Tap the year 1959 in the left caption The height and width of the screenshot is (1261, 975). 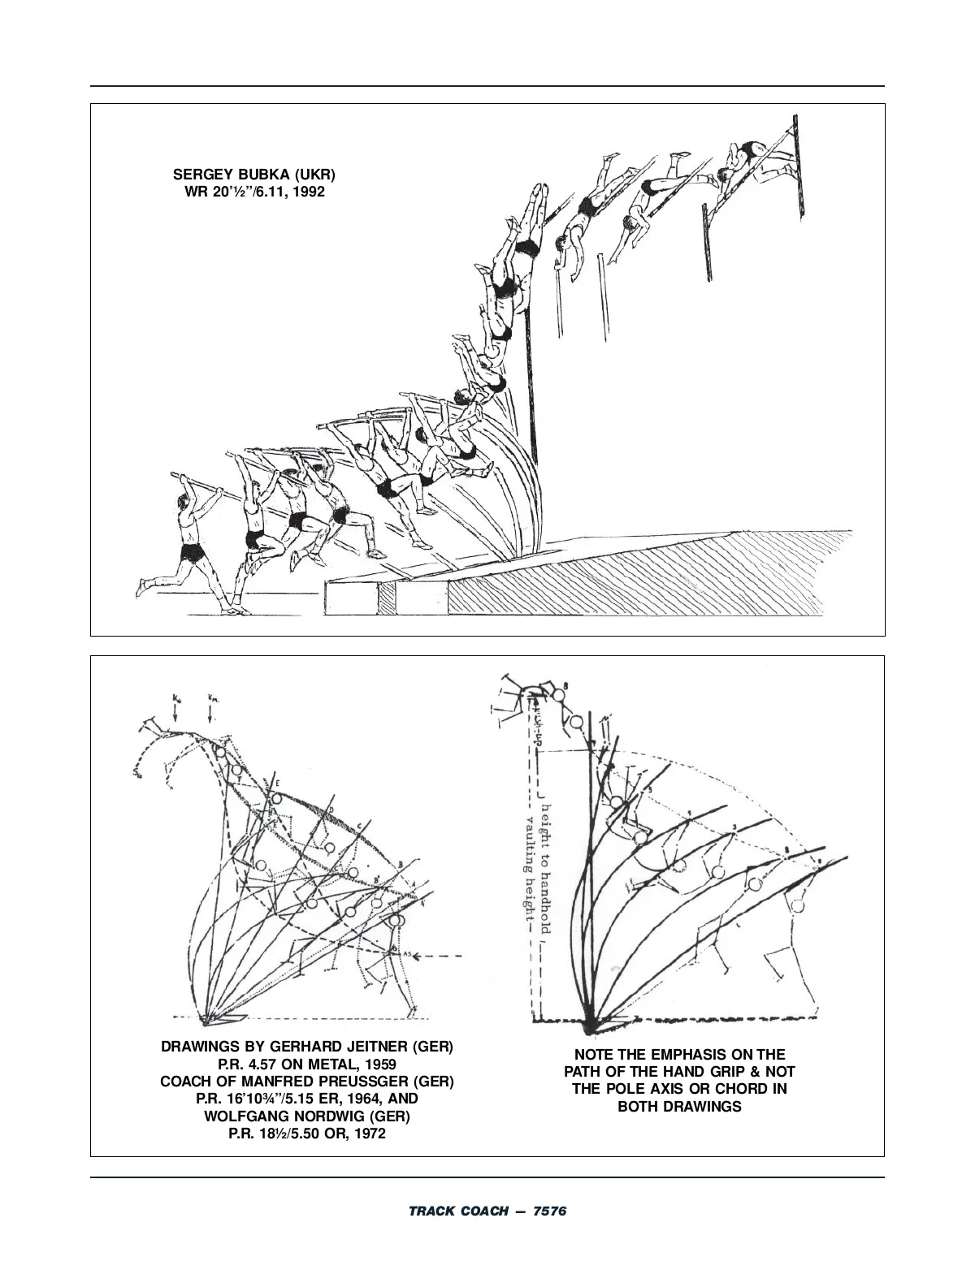tap(380, 1065)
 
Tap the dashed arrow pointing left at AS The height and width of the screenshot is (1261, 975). tap(435, 955)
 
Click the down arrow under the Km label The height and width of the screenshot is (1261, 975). tap(210, 712)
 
